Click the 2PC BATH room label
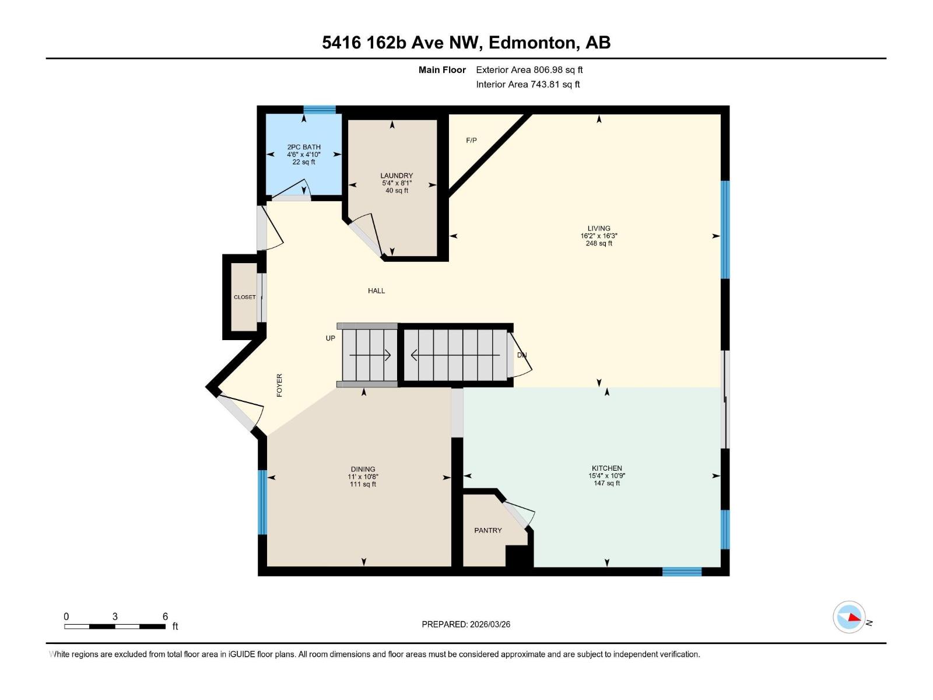(x=304, y=147)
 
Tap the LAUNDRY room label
(x=397, y=176)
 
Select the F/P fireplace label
(x=471, y=141)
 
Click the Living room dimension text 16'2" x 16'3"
(x=599, y=236)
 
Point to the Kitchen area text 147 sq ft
(x=606, y=483)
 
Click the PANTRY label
(x=488, y=530)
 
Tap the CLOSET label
(x=245, y=297)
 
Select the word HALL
(x=376, y=290)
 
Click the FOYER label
(x=279, y=386)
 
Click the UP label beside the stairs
(x=331, y=338)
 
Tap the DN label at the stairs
(x=522, y=355)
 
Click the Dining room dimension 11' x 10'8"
(x=363, y=477)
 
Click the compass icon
(x=850, y=617)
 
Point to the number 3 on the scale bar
(x=115, y=617)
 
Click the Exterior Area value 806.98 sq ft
(x=558, y=70)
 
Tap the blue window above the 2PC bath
(x=320, y=110)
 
